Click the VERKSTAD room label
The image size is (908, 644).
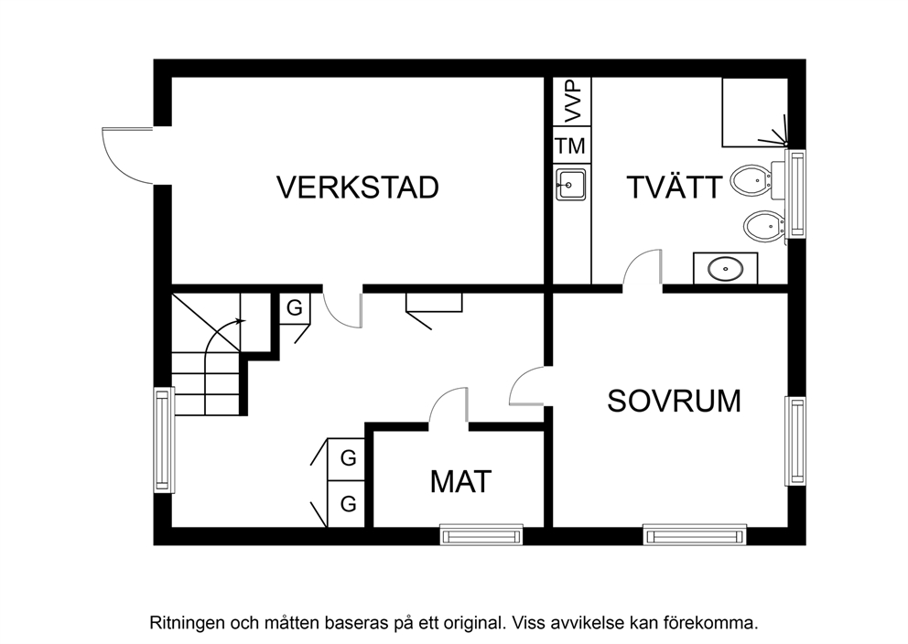[357, 188]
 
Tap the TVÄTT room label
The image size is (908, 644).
[675, 187]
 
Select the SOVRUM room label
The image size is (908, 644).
[674, 401]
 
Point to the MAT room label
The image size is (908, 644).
[460, 481]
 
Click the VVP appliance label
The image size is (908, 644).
[573, 102]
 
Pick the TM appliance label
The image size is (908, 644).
[571, 145]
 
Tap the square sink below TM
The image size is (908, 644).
[571, 185]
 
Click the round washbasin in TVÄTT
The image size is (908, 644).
[726, 268]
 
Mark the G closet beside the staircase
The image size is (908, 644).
[295, 308]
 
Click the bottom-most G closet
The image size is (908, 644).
[348, 504]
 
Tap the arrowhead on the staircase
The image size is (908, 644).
[242, 320]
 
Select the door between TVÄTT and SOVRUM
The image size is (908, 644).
[643, 267]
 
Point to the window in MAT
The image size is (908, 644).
[481, 535]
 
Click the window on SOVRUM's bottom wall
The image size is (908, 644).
[695, 535]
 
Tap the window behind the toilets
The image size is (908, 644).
[795, 194]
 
